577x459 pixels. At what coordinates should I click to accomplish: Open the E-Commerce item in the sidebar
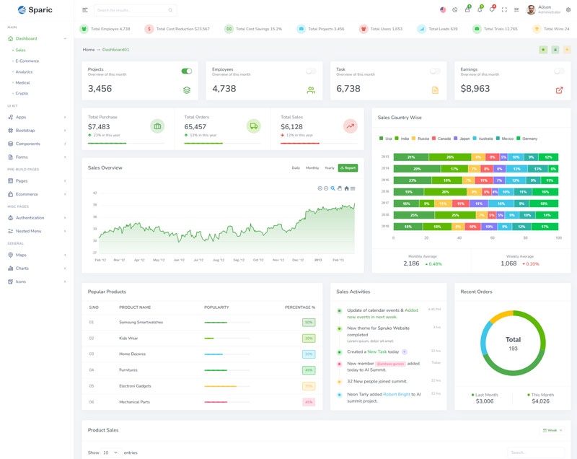point(27,61)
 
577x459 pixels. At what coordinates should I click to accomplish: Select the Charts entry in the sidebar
point(22,268)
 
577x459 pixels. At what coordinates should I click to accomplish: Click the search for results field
point(133,10)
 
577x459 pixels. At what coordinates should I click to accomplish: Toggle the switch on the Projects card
point(187,71)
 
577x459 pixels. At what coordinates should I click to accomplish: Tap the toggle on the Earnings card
point(559,71)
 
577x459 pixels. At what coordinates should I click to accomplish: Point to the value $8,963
point(475,89)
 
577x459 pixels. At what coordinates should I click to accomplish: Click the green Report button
point(348,167)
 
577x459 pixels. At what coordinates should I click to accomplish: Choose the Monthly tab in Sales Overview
point(312,167)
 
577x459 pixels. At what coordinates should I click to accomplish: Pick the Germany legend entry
point(527,138)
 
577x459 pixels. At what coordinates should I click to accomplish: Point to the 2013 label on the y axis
point(385,157)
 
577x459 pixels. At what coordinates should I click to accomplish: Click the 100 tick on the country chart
point(559,237)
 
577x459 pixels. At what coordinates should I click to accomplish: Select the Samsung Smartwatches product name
point(141,322)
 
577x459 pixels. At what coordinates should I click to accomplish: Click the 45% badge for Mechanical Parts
point(309,401)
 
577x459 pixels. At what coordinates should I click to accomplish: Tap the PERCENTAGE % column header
point(299,307)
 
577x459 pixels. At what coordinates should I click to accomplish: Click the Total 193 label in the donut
point(513,344)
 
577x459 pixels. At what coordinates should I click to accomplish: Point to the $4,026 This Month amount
point(540,401)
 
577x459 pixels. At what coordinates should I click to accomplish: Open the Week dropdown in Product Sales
point(552,430)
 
